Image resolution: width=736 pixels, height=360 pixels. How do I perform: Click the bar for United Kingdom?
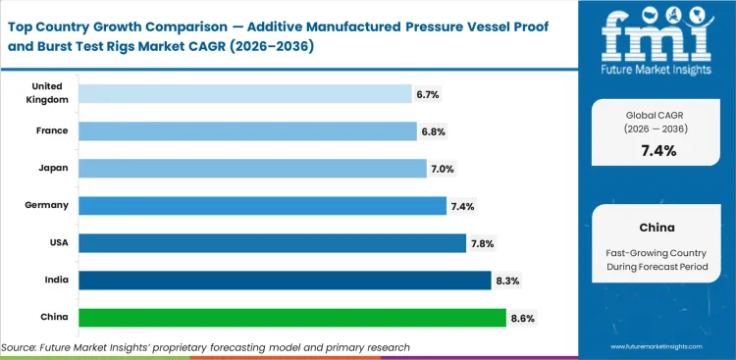(244, 93)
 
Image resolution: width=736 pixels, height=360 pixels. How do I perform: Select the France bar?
(247, 130)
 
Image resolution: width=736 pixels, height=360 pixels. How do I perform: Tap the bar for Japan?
(252, 169)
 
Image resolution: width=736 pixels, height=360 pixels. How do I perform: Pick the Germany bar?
(262, 205)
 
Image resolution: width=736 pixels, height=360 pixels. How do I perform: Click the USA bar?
(272, 242)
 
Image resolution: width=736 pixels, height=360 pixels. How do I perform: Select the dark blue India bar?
(285, 281)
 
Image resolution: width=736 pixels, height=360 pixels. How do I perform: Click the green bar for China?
(291, 318)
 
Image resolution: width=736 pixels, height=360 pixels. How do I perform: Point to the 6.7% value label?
(428, 94)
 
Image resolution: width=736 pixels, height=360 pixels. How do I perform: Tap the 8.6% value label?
(522, 318)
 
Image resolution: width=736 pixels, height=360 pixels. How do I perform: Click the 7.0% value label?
(442, 169)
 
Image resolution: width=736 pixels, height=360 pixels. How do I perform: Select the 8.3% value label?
(507, 281)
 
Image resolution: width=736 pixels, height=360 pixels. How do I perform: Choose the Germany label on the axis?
(46, 205)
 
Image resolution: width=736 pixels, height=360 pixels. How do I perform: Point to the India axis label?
(55, 281)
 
